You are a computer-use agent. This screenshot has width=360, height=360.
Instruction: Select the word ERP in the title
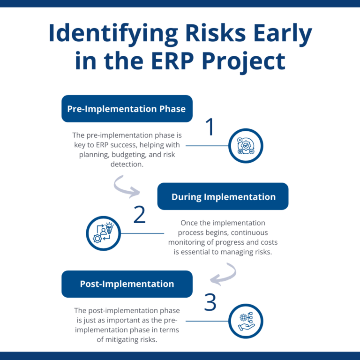[179, 61]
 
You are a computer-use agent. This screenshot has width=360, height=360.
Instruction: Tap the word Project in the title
[249, 61]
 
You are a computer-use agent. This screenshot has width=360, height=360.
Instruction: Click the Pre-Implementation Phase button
[127, 109]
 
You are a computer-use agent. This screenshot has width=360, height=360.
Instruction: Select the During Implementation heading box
[223, 196]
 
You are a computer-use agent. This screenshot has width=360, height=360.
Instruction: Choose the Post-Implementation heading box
[127, 284]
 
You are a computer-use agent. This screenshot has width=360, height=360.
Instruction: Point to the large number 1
[210, 127]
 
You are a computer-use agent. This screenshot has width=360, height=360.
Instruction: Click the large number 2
[140, 215]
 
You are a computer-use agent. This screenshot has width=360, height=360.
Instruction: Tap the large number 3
[210, 303]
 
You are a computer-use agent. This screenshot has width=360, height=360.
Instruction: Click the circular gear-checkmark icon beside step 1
[246, 146]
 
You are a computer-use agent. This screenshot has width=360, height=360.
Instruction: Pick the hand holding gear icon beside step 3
[246, 321]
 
